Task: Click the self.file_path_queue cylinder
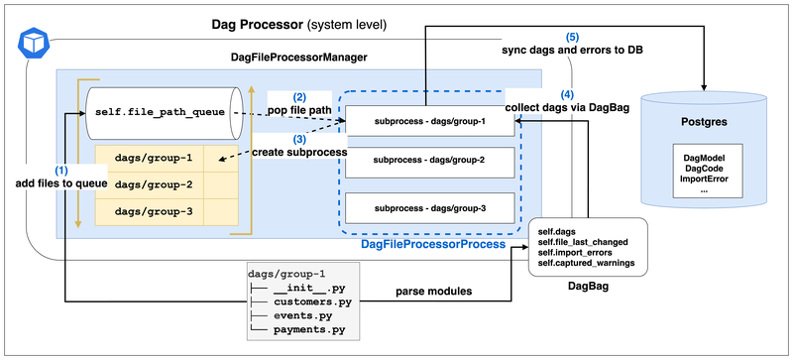pos(164,112)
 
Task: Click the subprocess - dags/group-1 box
pos(429,122)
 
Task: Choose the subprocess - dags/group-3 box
pos(429,207)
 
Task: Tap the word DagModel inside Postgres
pos(704,158)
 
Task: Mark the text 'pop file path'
pos(300,110)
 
